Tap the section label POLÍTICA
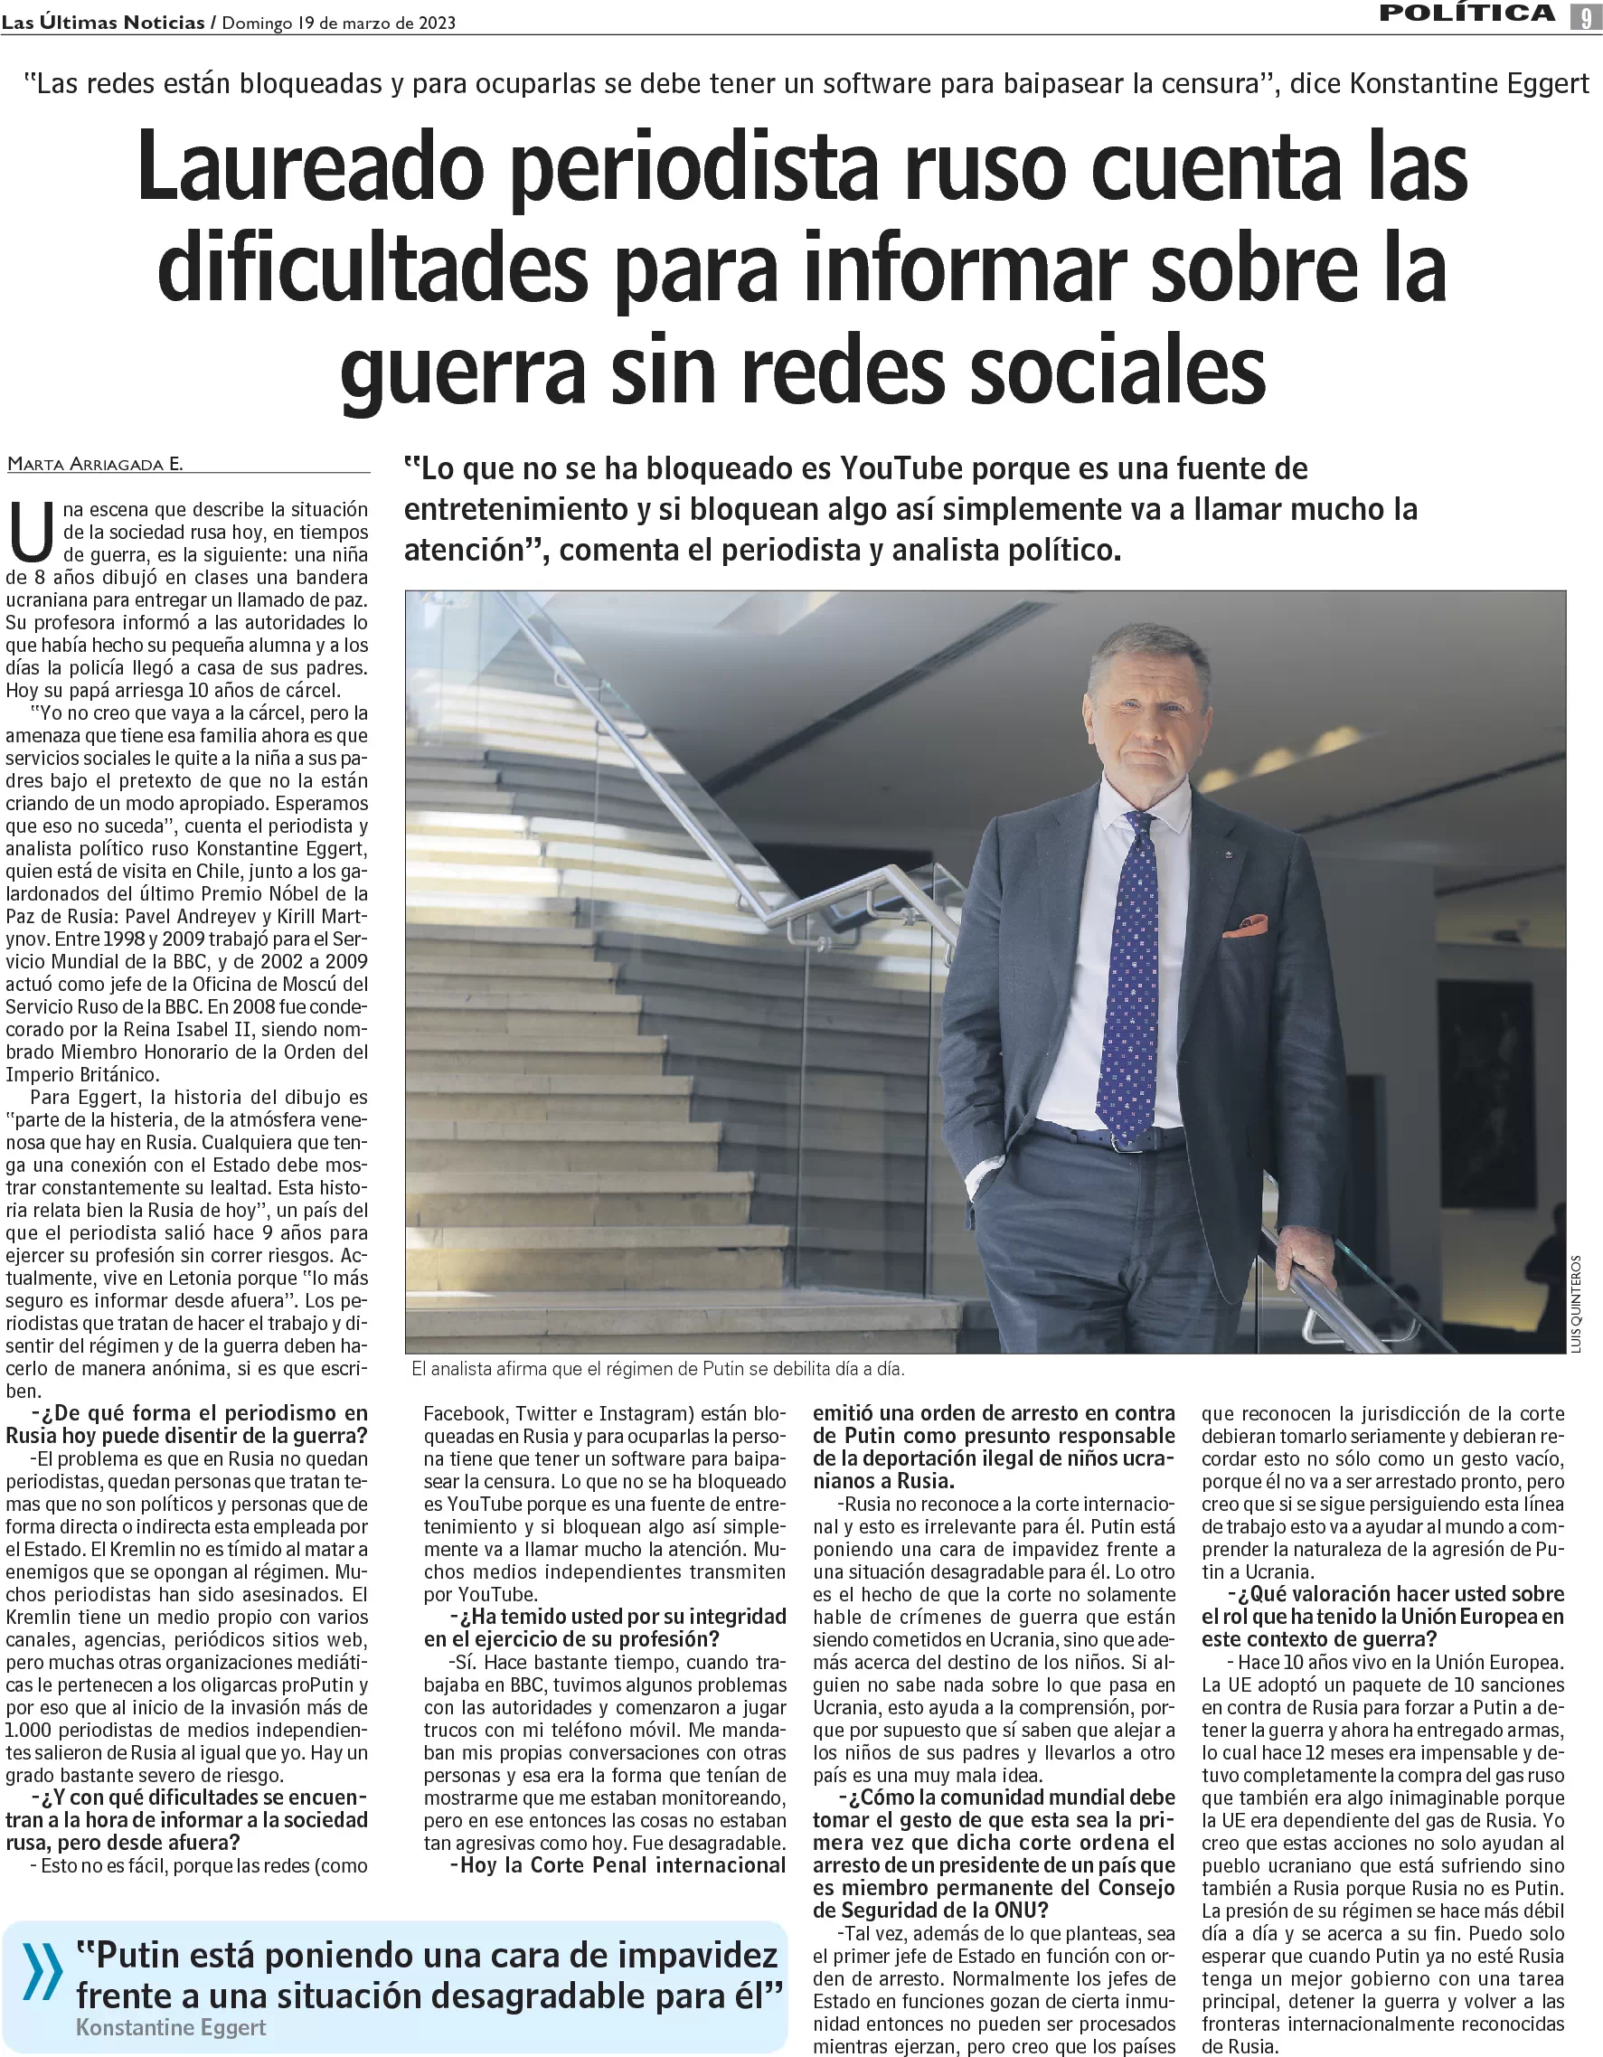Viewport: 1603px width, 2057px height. [x=1466, y=14]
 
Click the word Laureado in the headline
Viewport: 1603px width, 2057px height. [x=311, y=170]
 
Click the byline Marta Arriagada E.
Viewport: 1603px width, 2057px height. [x=94, y=463]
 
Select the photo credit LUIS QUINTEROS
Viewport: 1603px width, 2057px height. [x=1576, y=1304]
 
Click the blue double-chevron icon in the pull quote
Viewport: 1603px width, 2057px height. [x=42, y=1996]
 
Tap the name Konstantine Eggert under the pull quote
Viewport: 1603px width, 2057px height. [x=171, y=2028]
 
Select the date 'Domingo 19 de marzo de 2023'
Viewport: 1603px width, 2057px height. [x=339, y=23]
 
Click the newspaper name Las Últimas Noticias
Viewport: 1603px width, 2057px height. [x=103, y=23]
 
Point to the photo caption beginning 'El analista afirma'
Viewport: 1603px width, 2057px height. [x=657, y=1369]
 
